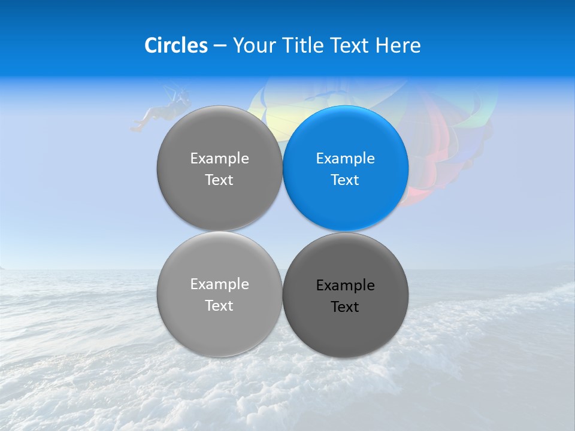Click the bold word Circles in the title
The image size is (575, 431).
click(176, 45)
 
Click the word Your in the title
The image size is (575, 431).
click(253, 45)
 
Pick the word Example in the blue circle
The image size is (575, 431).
click(346, 159)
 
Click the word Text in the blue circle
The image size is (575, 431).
click(346, 180)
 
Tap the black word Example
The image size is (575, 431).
click(346, 286)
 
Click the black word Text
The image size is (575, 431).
click(346, 307)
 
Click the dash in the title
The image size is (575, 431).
click(220, 45)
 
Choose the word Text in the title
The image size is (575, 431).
click(350, 45)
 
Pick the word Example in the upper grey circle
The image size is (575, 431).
click(220, 159)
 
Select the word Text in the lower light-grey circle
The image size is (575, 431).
click(220, 306)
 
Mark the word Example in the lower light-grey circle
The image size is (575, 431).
click(220, 284)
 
